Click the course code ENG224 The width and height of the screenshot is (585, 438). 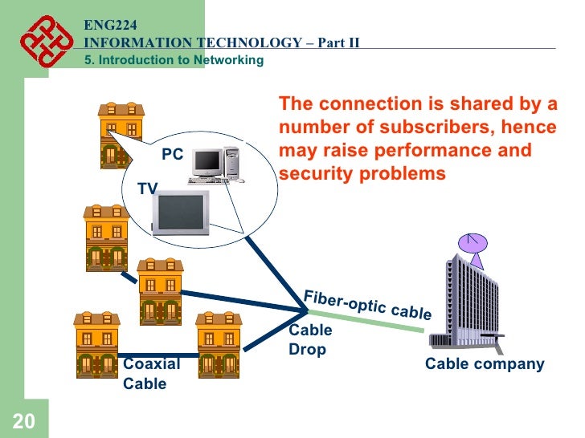pyautogui.click(x=105, y=26)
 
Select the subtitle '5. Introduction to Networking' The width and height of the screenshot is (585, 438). pyautogui.click(x=174, y=61)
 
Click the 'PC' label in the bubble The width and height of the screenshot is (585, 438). pyautogui.click(x=173, y=155)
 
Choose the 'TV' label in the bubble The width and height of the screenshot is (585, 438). pyautogui.click(x=147, y=189)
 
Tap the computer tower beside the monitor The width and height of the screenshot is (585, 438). pyautogui.click(x=232, y=161)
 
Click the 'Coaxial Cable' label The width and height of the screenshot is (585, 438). pyautogui.click(x=151, y=374)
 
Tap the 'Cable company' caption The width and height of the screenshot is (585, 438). pyautogui.click(x=484, y=364)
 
